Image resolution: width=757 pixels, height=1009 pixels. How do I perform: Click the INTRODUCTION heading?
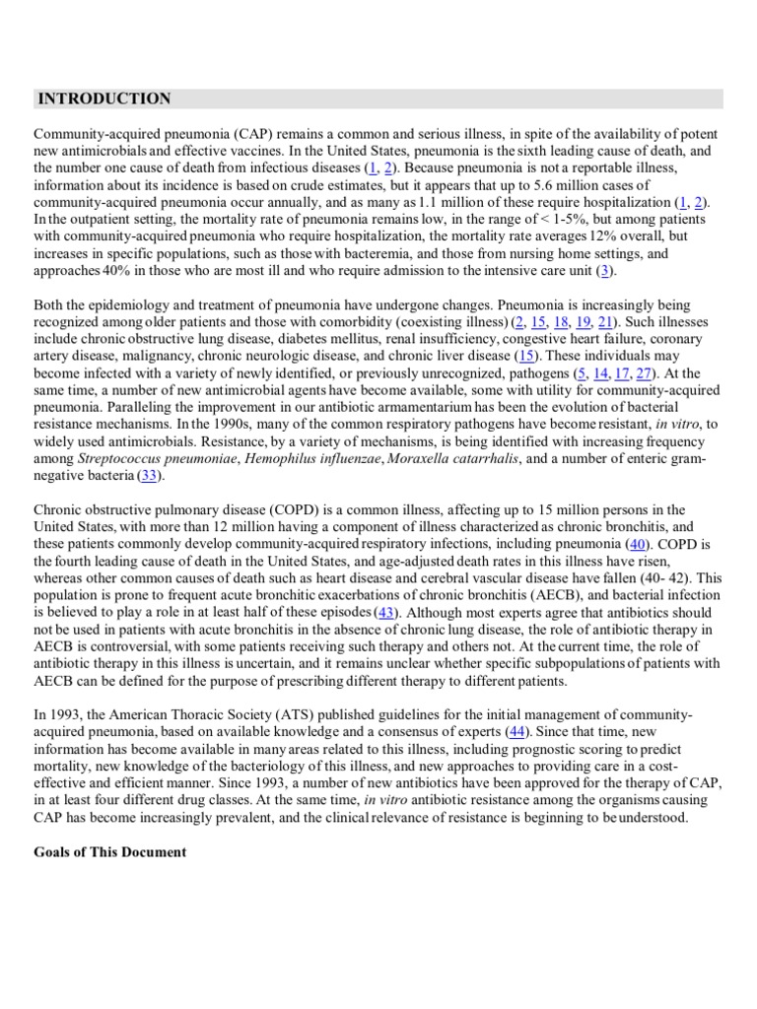pos(103,99)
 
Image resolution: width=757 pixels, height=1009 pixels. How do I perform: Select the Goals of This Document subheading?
pos(109,851)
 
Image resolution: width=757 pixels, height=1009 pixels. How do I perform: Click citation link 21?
pos(604,321)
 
